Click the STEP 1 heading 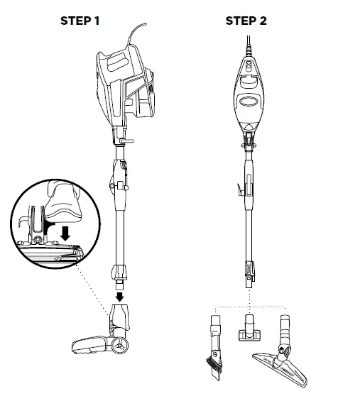79,21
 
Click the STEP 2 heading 246,21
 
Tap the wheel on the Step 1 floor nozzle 122,346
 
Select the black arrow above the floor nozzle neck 120,293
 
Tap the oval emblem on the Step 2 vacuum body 250,101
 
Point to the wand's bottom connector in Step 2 249,270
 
